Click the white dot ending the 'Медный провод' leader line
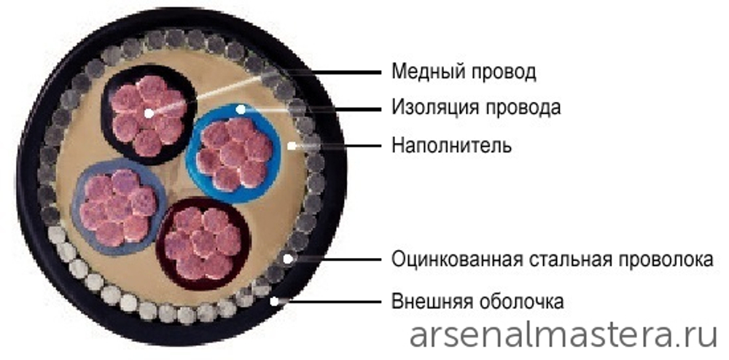pyautogui.click(x=149, y=113)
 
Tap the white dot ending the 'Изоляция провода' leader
pyautogui.click(x=241, y=109)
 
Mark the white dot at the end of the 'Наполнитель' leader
pyautogui.click(x=292, y=146)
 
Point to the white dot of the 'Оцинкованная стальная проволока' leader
pyautogui.click(x=288, y=258)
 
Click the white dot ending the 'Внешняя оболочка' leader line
pyautogui.click(x=275, y=302)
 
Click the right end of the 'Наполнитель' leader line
pyautogui.click(x=381, y=146)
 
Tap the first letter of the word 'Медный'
pyautogui.click(x=399, y=72)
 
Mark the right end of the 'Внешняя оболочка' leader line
pyautogui.click(x=381, y=302)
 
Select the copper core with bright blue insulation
pyautogui.click(x=234, y=153)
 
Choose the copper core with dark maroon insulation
pyautogui.click(x=203, y=243)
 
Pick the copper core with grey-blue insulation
pyautogui.click(x=119, y=207)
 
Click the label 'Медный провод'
pyautogui.click(x=464, y=72)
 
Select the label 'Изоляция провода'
pyautogui.click(x=476, y=108)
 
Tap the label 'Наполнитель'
pyautogui.click(x=451, y=146)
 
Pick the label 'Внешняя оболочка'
pyautogui.click(x=477, y=302)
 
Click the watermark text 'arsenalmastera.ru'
pyautogui.click(x=563, y=336)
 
